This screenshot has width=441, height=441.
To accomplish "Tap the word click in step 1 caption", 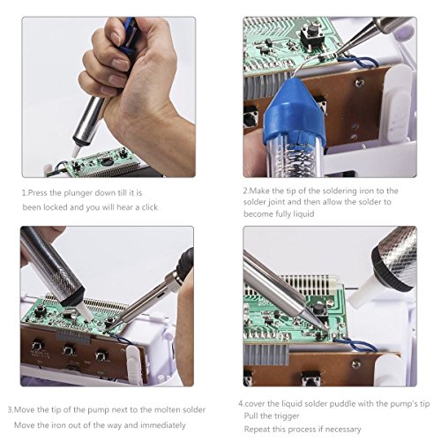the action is click(150, 207).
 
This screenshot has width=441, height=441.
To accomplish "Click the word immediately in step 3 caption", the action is click(163, 425).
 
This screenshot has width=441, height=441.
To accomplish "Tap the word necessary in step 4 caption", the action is click(343, 430).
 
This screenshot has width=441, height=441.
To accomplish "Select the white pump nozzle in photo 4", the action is click(363, 288).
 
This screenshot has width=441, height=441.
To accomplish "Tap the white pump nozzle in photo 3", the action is click(85, 310).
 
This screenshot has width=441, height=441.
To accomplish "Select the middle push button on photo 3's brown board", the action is click(69, 349).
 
